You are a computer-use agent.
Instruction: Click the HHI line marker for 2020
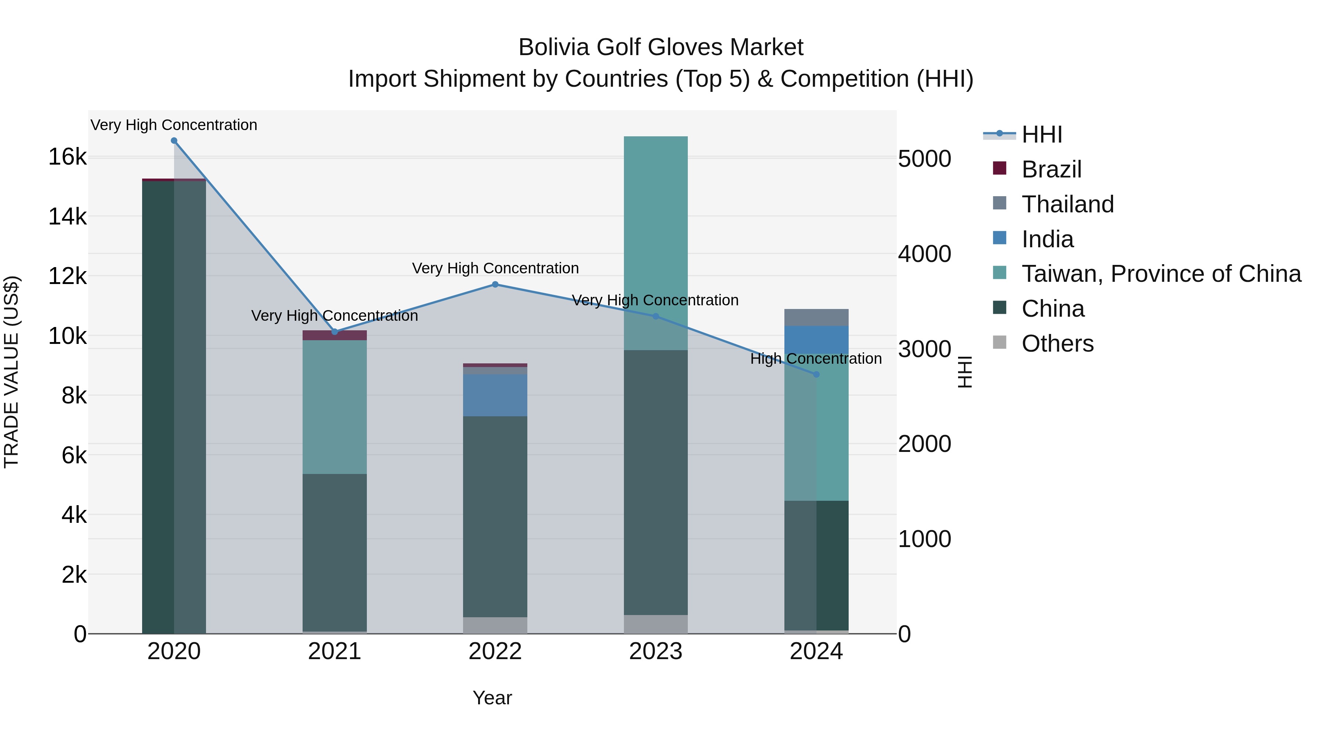click(174, 141)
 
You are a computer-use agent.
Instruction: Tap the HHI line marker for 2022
click(495, 284)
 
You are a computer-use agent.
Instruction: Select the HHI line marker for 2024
click(816, 374)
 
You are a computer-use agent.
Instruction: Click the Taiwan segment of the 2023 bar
click(655, 241)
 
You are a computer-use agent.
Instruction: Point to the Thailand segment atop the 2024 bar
click(816, 317)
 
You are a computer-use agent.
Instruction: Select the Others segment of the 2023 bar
click(655, 624)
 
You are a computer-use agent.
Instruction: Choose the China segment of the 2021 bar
click(335, 552)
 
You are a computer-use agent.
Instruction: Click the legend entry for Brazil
click(1051, 169)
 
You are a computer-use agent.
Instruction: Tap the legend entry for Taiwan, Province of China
click(1161, 274)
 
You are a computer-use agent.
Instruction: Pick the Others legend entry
click(1057, 344)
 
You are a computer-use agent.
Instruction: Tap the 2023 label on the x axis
click(655, 651)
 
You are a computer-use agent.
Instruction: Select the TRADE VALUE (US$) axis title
click(11, 372)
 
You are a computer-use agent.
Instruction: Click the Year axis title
click(492, 698)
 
